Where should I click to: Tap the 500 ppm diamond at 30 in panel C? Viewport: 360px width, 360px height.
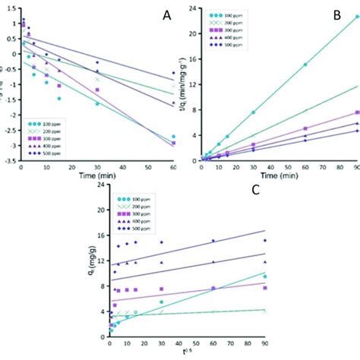pos(161,242)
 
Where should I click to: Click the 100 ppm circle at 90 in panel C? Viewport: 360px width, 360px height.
pos(265,276)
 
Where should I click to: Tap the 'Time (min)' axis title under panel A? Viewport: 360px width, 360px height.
pos(96,174)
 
